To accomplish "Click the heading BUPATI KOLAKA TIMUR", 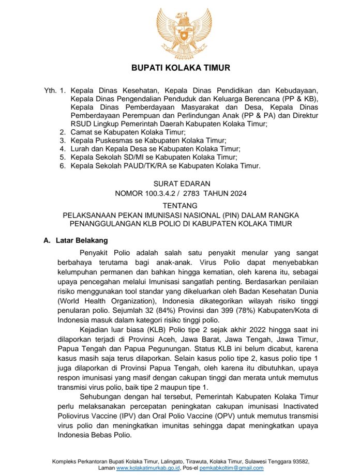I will pos(180,68).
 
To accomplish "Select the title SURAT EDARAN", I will pos(182,183).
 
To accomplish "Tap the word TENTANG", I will pos(181,205).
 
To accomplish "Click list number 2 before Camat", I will pos(63,132).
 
